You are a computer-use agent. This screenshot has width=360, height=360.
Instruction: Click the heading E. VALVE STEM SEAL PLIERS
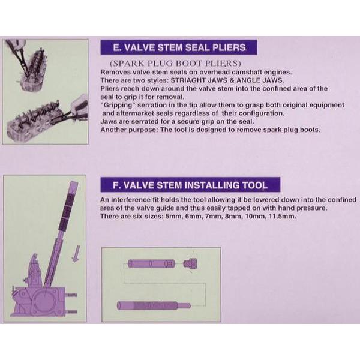[179, 47]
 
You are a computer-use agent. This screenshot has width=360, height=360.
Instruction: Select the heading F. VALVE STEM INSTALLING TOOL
[190, 185]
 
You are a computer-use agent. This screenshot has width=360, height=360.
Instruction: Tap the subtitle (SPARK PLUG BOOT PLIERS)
[175, 63]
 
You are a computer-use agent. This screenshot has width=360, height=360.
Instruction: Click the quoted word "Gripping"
[117, 105]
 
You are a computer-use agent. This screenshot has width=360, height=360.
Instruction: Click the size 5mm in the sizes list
[173, 216]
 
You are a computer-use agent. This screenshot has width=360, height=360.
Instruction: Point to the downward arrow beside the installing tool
[76, 253]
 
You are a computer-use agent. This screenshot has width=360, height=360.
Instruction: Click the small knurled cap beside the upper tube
[190, 263]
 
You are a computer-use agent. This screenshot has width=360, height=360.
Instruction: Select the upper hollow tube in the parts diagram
[151, 263]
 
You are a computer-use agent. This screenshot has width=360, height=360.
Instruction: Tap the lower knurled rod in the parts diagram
[154, 306]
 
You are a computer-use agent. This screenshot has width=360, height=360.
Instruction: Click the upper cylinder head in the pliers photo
[33, 70]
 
